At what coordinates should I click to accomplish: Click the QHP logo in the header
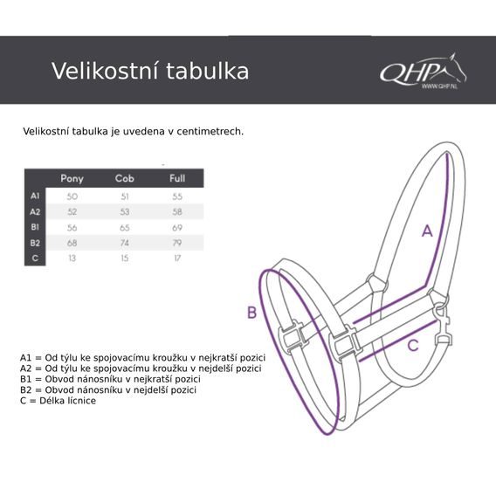[423, 72]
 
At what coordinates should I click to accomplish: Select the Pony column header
[72, 178]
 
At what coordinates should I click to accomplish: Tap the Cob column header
[124, 178]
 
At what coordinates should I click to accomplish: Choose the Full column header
[177, 178]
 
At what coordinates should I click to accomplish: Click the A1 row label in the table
[35, 196]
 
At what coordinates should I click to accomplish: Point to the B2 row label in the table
[35, 243]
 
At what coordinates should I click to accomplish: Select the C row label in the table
[35, 258]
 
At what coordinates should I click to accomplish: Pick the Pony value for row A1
[72, 196]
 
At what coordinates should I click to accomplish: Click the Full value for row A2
[177, 211]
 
